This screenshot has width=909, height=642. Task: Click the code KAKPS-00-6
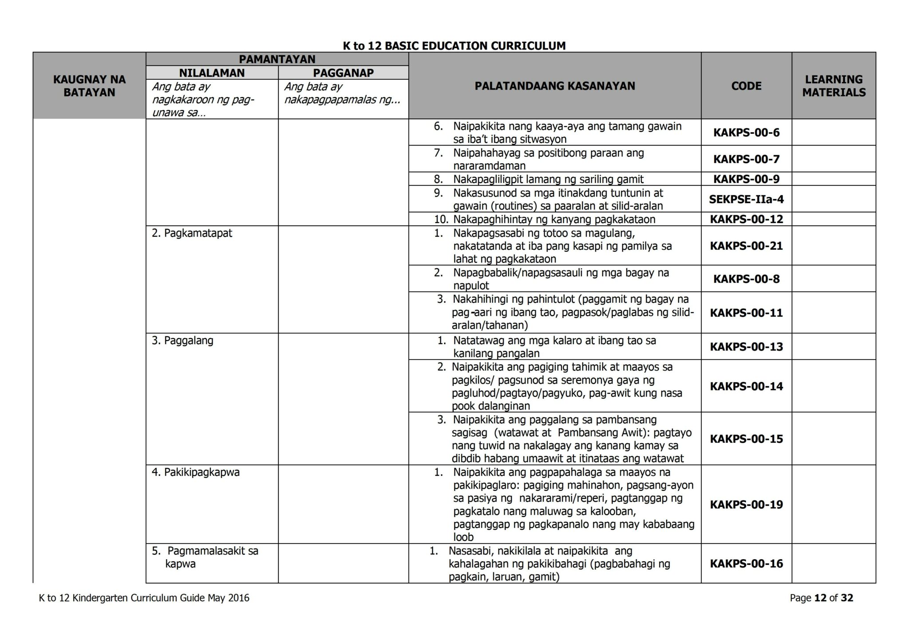746,133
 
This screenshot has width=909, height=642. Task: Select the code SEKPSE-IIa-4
746,199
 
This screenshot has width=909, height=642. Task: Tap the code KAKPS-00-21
746,246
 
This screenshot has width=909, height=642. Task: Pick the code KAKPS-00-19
746,505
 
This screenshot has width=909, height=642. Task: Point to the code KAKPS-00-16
746,564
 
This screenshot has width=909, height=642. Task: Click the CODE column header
746,86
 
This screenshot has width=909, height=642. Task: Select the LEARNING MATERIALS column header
834,86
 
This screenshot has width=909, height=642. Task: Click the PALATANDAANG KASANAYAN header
554,86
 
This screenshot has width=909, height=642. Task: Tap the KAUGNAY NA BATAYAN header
89,86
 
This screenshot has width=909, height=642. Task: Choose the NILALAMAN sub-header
212,73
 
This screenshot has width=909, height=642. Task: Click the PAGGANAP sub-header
343,73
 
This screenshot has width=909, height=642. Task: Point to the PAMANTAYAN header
277,59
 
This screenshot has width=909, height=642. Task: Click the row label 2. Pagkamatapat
192,233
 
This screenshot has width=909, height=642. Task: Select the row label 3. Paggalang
182,341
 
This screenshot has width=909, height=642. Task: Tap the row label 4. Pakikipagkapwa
195,472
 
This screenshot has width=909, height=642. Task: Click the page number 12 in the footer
821,598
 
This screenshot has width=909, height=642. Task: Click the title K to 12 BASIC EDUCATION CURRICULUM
454,46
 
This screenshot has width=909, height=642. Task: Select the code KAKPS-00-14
746,386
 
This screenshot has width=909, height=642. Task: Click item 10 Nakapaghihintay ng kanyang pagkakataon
554,219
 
